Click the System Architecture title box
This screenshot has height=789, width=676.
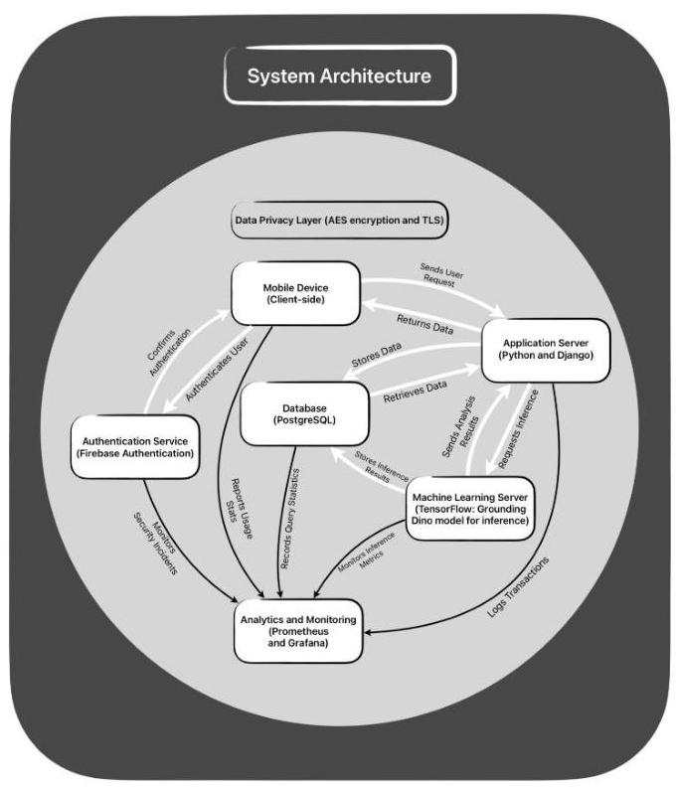[x=339, y=76]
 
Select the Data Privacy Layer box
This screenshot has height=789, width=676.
[x=339, y=222]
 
